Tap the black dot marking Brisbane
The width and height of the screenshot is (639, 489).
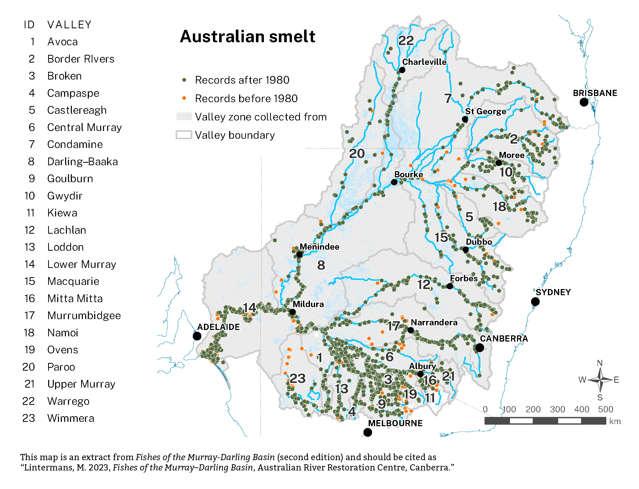pyautogui.click(x=583, y=102)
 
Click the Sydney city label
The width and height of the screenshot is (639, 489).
pyautogui.click(x=553, y=292)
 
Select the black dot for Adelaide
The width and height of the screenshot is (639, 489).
pyautogui.click(x=197, y=336)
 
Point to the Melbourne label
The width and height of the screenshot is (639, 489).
pyautogui.click(x=395, y=423)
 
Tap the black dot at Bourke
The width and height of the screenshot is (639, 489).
pyautogui.click(x=394, y=182)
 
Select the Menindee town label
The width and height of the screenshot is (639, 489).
pyautogui.click(x=319, y=247)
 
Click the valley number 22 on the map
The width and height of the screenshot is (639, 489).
pyautogui.click(x=405, y=40)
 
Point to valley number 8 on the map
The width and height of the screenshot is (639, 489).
pyautogui.click(x=321, y=265)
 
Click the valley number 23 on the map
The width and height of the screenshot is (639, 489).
pyautogui.click(x=297, y=378)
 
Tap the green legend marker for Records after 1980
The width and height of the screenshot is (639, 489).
pyautogui.click(x=184, y=80)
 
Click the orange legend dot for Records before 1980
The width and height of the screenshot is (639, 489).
pyautogui.click(x=184, y=98)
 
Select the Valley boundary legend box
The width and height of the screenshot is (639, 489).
pyautogui.click(x=184, y=135)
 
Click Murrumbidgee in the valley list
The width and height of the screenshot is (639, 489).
pyautogui.click(x=84, y=316)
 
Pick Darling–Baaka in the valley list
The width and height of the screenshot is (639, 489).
pyautogui.click(x=82, y=162)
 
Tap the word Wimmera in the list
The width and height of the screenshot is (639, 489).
pyautogui.click(x=71, y=418)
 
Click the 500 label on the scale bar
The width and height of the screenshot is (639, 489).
pyautogui.click(x=605, y=409)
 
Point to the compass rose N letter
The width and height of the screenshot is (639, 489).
pyautogui.click(x=599, y=363)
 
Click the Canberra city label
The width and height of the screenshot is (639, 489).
pyautogui.click(x=503, y=338)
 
